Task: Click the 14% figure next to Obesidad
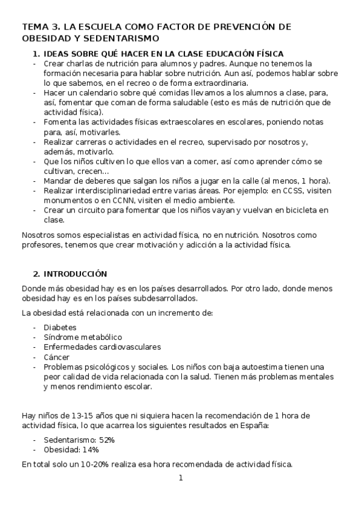click(x=90, y=450)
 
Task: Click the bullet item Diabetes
click(x=60, y=327)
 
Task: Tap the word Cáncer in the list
click(x=57, y=357)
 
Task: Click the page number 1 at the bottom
click(x=180, y=478)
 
